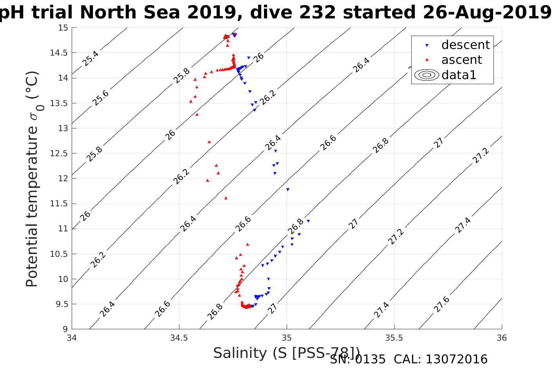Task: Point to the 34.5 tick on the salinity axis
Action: (179, 338)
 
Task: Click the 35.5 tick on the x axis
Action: (394, 338)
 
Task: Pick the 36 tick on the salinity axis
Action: (501, 338)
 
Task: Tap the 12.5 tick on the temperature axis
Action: (59, 153)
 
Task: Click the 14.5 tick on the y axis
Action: (59, 53)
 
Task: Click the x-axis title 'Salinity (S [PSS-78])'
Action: (286, 353)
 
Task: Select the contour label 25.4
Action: (90, 58)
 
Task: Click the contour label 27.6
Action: (441, 305)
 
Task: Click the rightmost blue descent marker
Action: (308, 221)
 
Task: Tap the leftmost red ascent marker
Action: (191, 101)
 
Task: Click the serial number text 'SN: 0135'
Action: (358, 359)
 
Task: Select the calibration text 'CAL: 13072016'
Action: (440, 359)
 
